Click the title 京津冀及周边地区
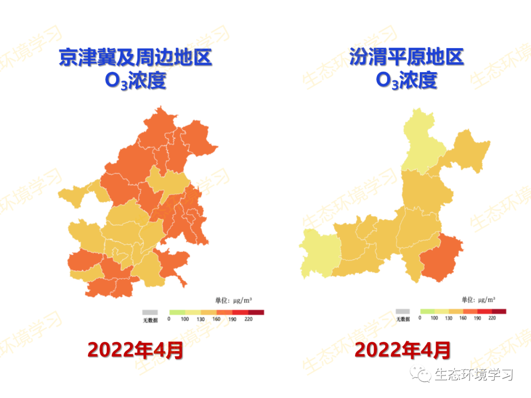click(x=135, y=57)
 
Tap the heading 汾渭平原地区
click(x=407, y=57)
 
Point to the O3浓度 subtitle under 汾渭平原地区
click(x=407, y=81)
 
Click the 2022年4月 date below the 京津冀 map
click(x=135, y=350)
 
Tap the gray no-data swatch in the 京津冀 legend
click(x=150, y=312)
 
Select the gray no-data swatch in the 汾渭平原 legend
click(x=403, y=312)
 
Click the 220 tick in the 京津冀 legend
click(x=248, y=319)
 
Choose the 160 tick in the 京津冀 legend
click(x=216, y=319)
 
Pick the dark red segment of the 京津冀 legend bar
click(x=256, y=312)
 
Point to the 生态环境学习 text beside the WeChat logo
click(x=473, y=375)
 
